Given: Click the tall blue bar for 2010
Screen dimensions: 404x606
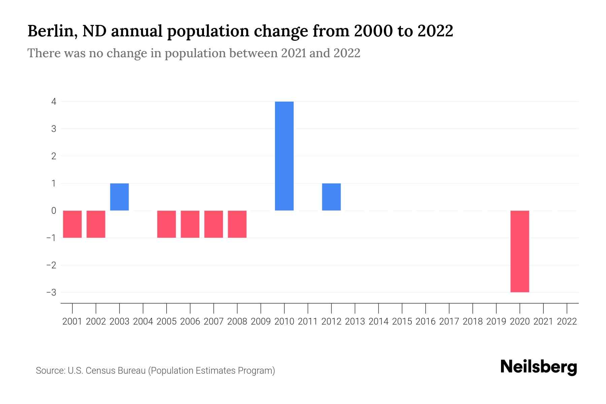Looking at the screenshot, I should tap(284, 156).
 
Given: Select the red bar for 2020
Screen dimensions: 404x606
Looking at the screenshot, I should tap(519, 251).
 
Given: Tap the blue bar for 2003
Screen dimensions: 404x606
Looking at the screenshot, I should tap(120, 197).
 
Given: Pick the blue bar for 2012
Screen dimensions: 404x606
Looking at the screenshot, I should tap(331, 197).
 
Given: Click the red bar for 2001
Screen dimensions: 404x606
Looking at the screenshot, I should tap(72, 224).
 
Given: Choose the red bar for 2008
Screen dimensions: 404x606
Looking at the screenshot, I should tap(237, 224).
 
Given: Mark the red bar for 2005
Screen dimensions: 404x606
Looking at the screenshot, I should tap(166, 224).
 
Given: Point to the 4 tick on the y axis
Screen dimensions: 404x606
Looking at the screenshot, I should tap(54, 102).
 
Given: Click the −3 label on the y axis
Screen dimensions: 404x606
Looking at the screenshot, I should tap(51, 292).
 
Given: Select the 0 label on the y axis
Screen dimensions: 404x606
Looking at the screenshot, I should tap(54, 211).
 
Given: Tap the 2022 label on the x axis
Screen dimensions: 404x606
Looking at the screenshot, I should tap(567, 322).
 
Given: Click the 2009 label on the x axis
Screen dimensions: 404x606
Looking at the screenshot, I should tap(261, 322).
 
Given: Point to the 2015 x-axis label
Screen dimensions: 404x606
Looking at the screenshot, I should tap(402, 322).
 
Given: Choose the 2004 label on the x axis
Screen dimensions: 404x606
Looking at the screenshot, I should tap(143, 322).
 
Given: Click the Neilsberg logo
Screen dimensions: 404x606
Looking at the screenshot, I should tap(538, 367).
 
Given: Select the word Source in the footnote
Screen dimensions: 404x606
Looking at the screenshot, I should tap(50, 371).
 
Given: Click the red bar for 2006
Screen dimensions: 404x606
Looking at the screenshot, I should tap(190, 224).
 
